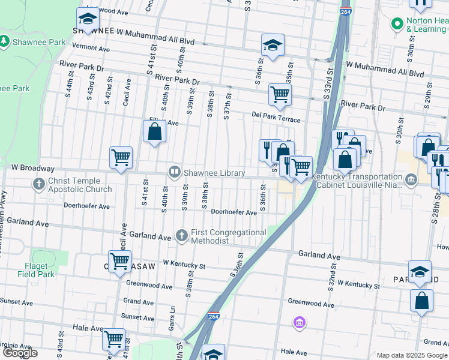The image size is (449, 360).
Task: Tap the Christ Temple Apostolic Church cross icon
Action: [x=40, y=184]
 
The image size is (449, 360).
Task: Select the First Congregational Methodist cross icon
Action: [x=182, y=235]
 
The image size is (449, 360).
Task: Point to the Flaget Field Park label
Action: [x=40, y=270]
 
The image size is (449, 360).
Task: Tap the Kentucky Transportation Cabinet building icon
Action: [x=412, y=179]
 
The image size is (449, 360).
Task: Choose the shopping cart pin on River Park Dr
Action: [x=280, y=94]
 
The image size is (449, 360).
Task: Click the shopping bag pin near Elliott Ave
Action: [x=154, y=131]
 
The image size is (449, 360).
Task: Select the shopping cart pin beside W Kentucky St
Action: [x=120, y=261]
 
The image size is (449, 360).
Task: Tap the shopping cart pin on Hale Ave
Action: [x=113, y=339]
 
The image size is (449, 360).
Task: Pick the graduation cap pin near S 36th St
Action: [x=273, y=45]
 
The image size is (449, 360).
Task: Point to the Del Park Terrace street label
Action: [x=276, y=119]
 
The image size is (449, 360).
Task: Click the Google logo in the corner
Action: [x=20, y=353]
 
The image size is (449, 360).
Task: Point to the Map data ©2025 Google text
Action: [x=412, y=355]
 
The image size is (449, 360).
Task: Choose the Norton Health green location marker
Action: [x=396, y=24]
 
